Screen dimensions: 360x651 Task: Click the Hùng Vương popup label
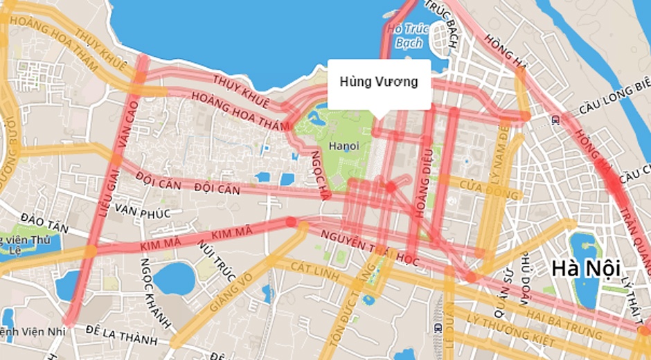pos(379,82)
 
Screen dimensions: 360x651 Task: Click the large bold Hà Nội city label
pos(584,267)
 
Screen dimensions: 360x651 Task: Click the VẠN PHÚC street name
pos(143,208)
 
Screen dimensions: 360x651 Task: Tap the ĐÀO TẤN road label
pos(44,222)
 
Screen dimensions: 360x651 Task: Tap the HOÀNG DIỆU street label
pos(422,183)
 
